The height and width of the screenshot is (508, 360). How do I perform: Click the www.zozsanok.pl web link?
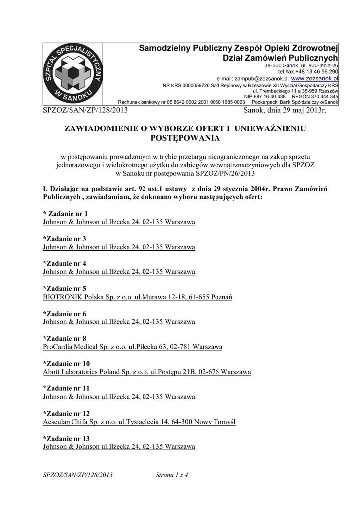[x=314, y=78]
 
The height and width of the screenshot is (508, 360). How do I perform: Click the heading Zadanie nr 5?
[x=65, y=288]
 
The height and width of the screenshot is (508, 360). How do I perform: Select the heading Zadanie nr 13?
[x=67, y=438]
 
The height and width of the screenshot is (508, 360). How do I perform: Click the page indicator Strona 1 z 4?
[x=172, y=475]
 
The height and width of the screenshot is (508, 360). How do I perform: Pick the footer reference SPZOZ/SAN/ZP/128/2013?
[x=78, y=475]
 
